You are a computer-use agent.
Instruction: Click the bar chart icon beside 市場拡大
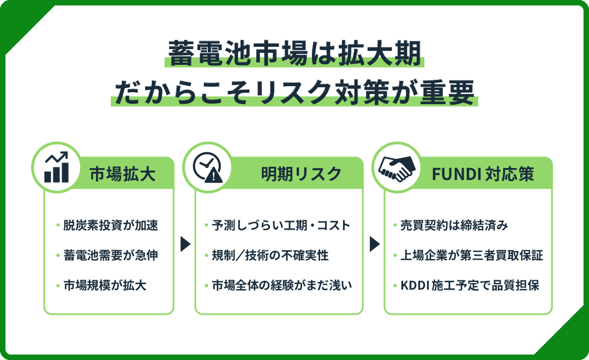pyautogui.click(x=56, y=167)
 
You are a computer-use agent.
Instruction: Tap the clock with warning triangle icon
pyautogui.click(x=208, y=167)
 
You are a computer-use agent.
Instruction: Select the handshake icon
pyautogui.click(x=397, y=168)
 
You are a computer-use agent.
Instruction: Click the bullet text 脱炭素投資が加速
pyautogui.click(x=111, y=225)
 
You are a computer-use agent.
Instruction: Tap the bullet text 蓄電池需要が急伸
pyautogui.click(x=111, y=255)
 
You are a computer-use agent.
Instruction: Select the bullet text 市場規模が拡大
pyautogui.click(x=105, y=286)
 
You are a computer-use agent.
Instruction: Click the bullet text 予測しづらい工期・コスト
pyautogui.click(x=281, y=225)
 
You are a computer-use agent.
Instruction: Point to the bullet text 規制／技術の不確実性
pyautogui.click(x=270, y=255)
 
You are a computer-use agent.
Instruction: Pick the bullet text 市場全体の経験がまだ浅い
pyautogui.click(x=282, y=286)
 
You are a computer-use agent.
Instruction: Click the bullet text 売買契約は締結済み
pyautogui.click(x=454, y=225)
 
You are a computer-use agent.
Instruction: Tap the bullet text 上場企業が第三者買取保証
pyautogui.click(x=472, y=255)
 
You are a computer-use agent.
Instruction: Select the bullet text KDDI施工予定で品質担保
pyautogui.click(x=470, y=286)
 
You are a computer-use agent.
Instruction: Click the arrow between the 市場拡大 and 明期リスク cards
pyautogui.click(x=185, y=244)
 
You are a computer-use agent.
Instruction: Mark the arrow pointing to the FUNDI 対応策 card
pyautogui.click(x=375, y=244)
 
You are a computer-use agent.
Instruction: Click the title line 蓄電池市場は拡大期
pyautogui.click(x=294, y=54)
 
